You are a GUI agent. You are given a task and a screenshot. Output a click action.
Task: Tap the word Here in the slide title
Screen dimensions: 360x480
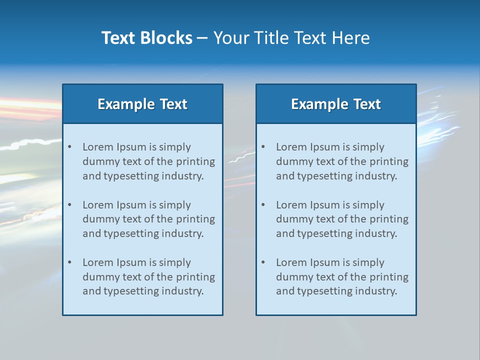tap(352, 38)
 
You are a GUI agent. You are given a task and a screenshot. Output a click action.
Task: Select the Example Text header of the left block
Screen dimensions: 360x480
tap(142, 104)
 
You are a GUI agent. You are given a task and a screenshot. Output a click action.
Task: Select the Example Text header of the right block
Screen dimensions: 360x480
tap(336, 104)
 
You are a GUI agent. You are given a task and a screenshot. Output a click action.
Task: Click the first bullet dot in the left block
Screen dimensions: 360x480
tap(70, 147)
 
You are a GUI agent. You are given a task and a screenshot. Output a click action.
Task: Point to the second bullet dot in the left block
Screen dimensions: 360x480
tap(70, 205)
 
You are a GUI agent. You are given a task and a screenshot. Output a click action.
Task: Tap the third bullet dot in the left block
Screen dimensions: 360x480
tap(70, 262)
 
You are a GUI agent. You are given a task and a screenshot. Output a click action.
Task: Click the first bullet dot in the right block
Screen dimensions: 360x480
tap(263, 147)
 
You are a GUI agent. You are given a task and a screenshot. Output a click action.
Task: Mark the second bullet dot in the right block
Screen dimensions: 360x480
tap(263, 205)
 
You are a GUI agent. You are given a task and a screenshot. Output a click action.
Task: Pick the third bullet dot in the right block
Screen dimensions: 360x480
tap(263, 262)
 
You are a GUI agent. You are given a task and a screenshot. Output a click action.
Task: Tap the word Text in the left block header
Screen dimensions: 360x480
tap(173, 104)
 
